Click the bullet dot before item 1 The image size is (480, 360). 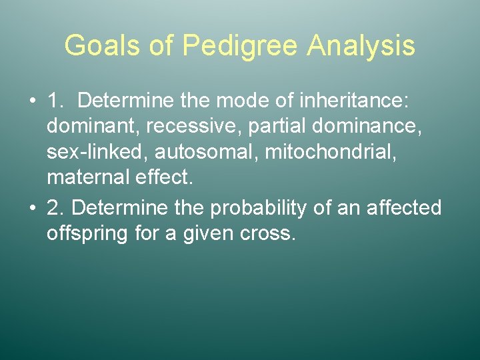point(33,101)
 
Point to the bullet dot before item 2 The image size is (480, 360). point(33,208)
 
